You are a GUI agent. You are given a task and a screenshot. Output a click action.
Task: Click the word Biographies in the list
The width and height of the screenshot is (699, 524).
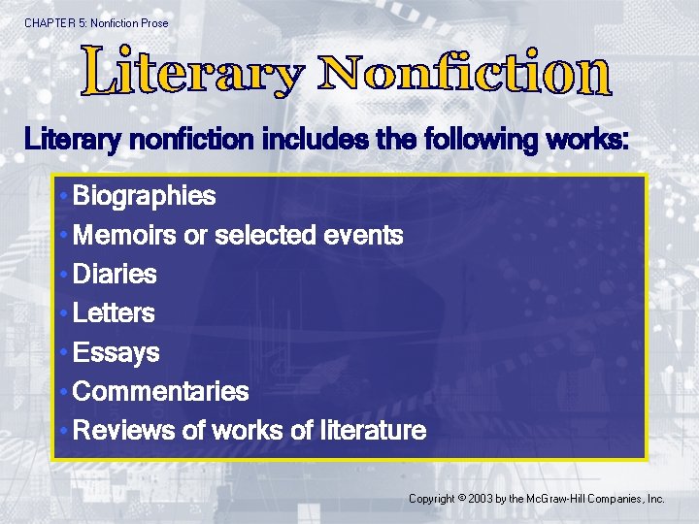(144, 197)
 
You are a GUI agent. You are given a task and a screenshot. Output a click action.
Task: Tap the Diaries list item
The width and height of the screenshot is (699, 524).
(115, 275)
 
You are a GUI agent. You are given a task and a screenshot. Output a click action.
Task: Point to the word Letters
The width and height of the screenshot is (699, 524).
(114, 313)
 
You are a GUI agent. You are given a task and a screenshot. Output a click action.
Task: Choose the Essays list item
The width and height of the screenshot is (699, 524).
(116, 352)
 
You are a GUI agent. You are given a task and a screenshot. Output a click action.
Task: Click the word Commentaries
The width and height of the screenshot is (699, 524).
(160, 392)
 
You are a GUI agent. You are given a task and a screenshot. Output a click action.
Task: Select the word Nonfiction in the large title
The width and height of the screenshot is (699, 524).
(466, 73)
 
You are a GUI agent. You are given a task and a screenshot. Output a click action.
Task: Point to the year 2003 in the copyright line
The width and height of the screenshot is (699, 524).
(480, 499)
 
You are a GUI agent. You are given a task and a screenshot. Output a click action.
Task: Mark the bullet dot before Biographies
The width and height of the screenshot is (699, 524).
(62, 197)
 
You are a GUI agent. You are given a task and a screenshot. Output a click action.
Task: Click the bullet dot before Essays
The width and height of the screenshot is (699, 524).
(62, 353)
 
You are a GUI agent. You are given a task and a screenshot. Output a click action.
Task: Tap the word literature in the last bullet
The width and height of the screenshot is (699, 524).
(374, 431)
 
